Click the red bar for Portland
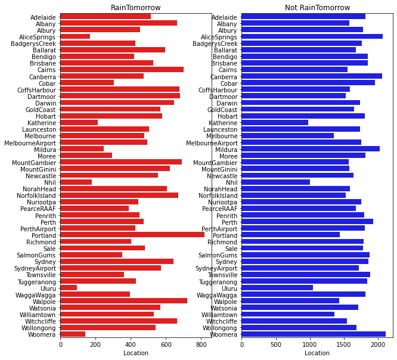pos(132,235)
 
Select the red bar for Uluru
pos(69,288)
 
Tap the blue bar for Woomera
pos(314,334)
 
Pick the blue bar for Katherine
pos(275,123)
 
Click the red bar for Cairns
pos(122,70)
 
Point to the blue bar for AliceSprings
pos(312,37)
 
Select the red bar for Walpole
pos(124,301)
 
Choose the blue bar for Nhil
pos(276,182)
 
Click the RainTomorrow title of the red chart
pos(136,8)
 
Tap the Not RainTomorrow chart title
pos(317,8)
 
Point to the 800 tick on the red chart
pos(201,345)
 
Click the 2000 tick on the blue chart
pos(378,345)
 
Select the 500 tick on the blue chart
pos(276,345)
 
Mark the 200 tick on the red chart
pos(96,345)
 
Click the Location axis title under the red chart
pos(136,353)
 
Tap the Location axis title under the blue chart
pos(317,353)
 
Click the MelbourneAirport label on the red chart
pos(30,143)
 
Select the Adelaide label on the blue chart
pos(224,17)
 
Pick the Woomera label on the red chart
pos(42,335)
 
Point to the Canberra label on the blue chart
pos(224,77)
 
